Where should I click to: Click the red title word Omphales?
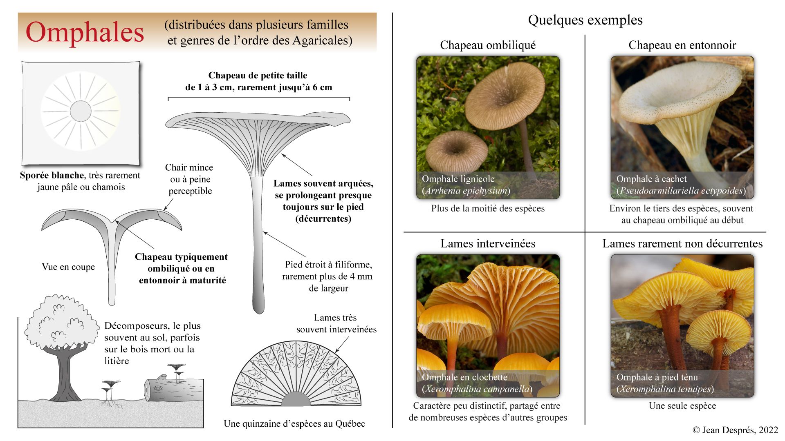[85, 33]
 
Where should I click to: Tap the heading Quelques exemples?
[585, 20]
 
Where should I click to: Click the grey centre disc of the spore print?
[81, 110]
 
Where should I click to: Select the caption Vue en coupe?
[68, 267]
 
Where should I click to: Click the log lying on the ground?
[174, 390]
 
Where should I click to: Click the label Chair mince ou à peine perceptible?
[189, 179]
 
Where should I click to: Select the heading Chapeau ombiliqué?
[488, 45]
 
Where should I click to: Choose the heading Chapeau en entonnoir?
[682, 45]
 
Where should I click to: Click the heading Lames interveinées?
[488, 244]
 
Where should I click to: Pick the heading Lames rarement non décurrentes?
[682, 244]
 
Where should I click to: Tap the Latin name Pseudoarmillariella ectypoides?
[681, 191]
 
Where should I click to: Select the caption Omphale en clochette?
[464, 377]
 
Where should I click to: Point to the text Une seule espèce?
[682, 406]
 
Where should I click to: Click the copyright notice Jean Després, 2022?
[735, 430]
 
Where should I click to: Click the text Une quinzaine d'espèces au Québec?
[294, 424]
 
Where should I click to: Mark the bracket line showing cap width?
[259, 98]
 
